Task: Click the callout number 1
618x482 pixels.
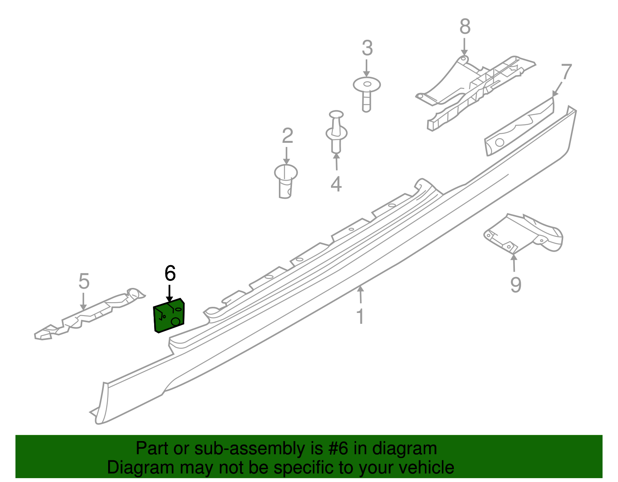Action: pos(360,316)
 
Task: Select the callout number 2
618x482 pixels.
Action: pos(287,136)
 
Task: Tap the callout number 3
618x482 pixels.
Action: pos(367,48)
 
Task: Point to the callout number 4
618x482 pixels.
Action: pos(336,184)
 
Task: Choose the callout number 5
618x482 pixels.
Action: pos(84,281)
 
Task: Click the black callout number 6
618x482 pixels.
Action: pos(170,273)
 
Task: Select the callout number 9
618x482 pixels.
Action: pos(516,284)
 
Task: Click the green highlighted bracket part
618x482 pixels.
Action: pos(169,316)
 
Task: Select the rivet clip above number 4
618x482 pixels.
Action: pos(336,132)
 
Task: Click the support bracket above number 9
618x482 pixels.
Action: pos(523,234)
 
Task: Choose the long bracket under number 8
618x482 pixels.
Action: pos(475,92)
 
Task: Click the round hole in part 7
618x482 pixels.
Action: pos(500,142)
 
